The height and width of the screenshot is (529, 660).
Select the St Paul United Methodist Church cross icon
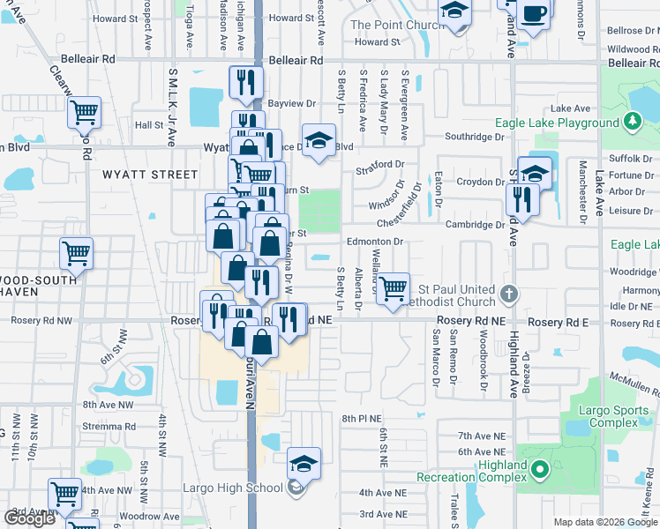(507, 293)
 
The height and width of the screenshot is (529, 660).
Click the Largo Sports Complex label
(609, 417)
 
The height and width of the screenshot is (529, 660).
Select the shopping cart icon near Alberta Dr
(394, 287)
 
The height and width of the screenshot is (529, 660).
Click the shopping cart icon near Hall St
(85, 112)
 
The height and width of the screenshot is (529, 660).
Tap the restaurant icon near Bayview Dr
(245, 82)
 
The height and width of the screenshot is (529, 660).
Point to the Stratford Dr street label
(379, 165)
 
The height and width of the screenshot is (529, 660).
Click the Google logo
(30, 518)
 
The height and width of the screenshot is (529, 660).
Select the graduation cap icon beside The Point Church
(455, 13)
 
